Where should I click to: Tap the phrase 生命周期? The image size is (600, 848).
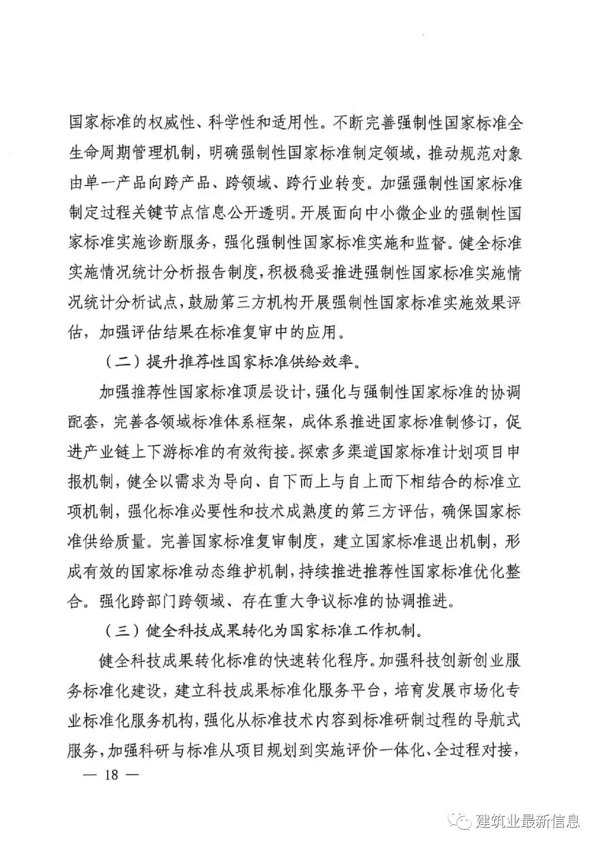[x=99, y=153]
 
